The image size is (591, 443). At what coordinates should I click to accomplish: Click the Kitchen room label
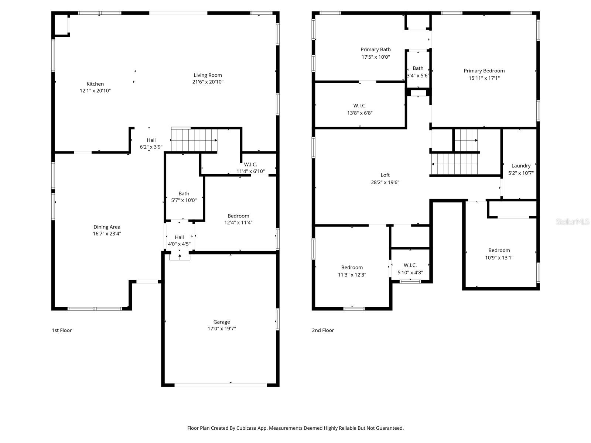pos(95,84)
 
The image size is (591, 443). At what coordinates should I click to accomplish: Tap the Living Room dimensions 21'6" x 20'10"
pos(208,82)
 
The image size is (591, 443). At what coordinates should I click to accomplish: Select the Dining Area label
pos(107,227)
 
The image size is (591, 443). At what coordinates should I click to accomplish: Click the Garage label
pos(222,322)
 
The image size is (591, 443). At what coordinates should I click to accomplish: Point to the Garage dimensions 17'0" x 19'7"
pos(222,329)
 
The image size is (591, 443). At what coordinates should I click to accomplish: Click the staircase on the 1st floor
pos(194,140)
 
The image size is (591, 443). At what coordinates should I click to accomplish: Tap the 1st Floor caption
pos(62,330)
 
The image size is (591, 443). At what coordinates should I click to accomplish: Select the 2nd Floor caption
pos(322,330)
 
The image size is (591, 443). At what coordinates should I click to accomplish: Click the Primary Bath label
pos(375,49)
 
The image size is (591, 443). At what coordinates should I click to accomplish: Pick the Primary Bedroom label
pos(484,71)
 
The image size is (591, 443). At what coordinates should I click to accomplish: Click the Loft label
pos(385,175)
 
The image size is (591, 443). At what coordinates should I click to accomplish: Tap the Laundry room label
pos(521,166)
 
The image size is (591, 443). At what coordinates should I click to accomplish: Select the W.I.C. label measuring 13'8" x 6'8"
pos(360,106)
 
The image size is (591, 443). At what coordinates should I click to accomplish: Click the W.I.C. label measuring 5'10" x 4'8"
pos(410,265)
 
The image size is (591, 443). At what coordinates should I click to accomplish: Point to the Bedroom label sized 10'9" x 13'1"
pos(499,250)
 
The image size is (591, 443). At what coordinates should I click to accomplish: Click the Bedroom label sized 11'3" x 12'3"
pos(352,267)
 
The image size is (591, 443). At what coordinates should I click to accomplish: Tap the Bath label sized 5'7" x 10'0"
pos(184,193)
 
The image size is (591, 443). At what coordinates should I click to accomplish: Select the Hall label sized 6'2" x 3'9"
pos(151,140)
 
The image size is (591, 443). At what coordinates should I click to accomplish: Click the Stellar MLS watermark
pos(572,222)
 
